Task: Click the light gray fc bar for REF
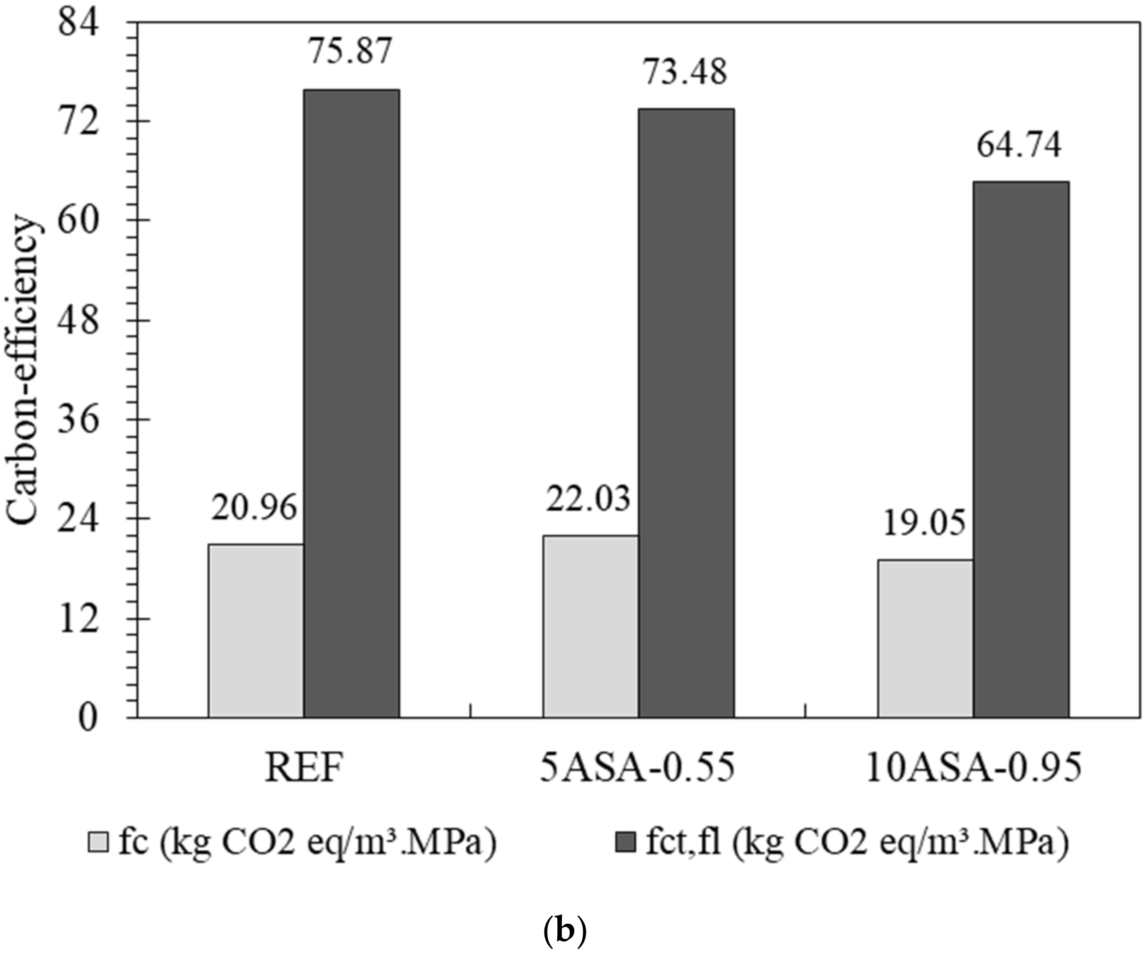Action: click(x=255, y=630)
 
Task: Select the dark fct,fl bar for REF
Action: click(x=351, y=404)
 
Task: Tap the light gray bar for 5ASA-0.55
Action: click(x=591, y=626)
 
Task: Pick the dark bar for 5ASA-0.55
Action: click(x=686, y=413)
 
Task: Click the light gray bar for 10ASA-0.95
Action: click(x=926, y=638)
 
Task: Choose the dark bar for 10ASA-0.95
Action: click(x=1021, y=449)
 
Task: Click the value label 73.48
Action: click(x=685, y=71)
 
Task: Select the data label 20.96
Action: click(x=254, y=508)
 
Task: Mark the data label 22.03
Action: click(x=589, y=499)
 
